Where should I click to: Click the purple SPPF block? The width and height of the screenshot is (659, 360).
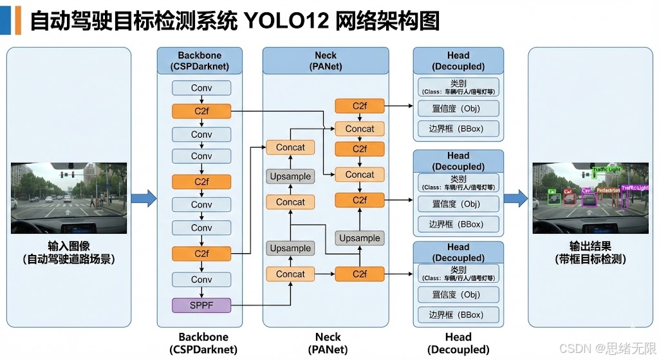201,305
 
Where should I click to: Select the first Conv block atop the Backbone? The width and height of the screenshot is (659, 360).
201,88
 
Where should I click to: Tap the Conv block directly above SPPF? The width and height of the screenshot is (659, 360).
201,279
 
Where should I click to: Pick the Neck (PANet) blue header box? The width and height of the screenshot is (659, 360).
325,61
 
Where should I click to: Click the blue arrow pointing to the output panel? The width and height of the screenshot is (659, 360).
515,198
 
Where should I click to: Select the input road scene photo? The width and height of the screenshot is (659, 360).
69,198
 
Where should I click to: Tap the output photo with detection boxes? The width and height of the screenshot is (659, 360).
590,198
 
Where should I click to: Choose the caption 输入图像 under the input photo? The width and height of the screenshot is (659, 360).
69,247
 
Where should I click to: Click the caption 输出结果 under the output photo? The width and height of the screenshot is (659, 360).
590,247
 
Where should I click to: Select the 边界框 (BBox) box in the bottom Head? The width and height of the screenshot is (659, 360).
458,315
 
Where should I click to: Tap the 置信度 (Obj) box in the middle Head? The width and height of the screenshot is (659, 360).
458,204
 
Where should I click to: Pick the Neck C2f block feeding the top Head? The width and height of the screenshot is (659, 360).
359,106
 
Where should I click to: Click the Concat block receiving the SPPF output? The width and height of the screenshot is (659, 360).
290,274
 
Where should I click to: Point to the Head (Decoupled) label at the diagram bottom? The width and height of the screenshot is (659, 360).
458,343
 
